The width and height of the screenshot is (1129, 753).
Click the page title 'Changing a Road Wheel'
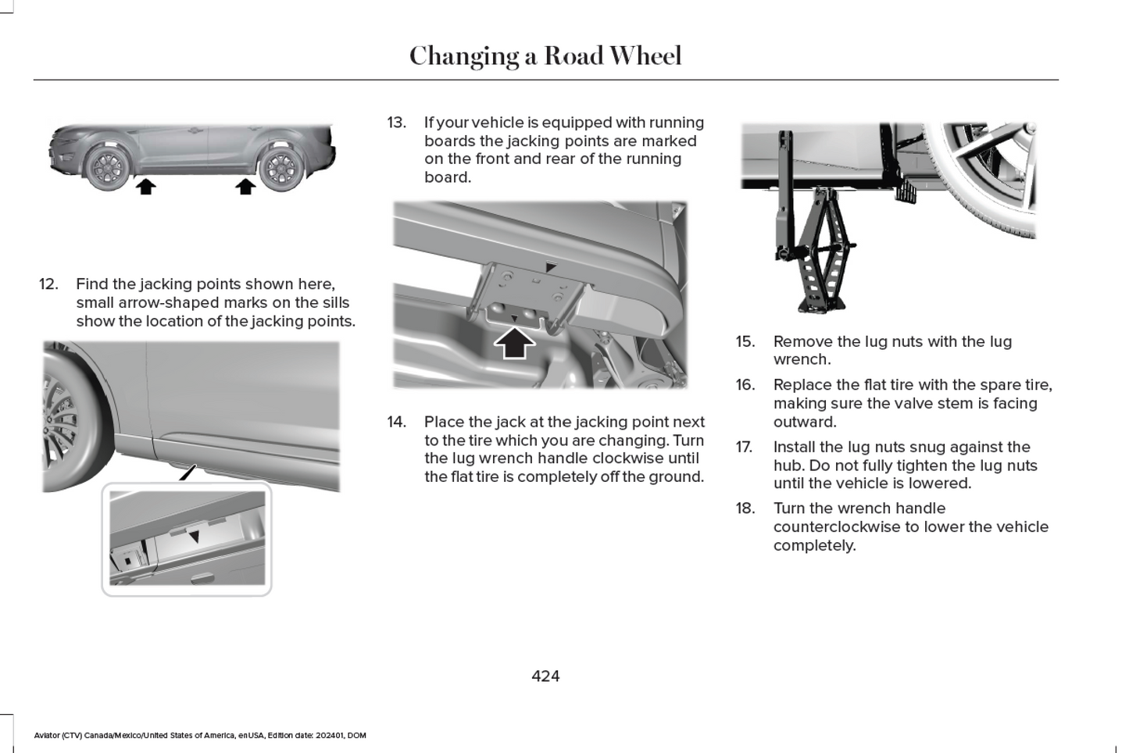click(x=545, y=55)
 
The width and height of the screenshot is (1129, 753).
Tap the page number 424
click(x=545, y=676)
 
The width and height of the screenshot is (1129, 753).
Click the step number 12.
click(x=48, y=284)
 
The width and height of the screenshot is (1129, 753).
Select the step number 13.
click(x=396, y=123)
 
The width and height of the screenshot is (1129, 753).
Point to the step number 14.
click(x=396, y=422)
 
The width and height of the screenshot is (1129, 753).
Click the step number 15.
click(x=745, y=341)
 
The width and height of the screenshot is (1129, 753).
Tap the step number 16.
click(x=745, y=384)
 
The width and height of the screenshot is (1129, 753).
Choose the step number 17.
click(x=744, y=447)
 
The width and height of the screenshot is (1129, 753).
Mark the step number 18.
click(x=745, y=508)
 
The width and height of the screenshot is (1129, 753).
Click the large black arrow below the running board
click(x=514, y=342)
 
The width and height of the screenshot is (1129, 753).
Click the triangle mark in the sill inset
click(x=195, y=537)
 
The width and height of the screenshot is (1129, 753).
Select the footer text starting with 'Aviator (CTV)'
click(x=200, y=735)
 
